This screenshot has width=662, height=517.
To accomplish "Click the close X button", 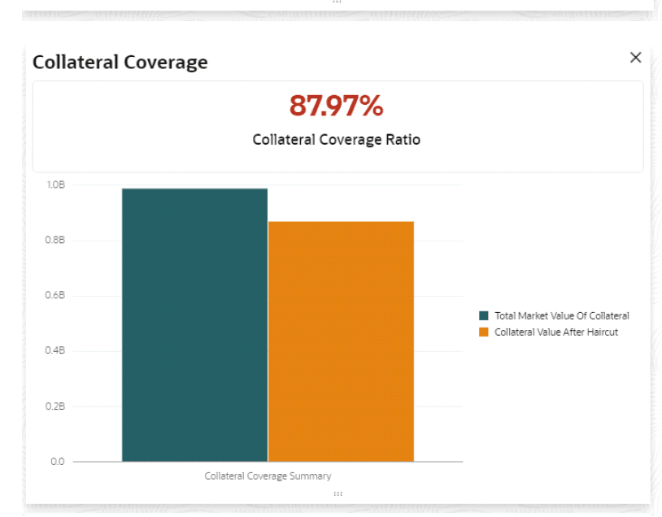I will [x=635, y=57].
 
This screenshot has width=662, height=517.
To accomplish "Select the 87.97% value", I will [x=336, y=106].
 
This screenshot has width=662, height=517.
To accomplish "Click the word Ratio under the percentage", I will [x=403, y=140].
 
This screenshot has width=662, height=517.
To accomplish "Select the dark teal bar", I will [x=194, y=325].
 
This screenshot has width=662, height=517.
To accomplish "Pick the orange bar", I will [x=341, y=341].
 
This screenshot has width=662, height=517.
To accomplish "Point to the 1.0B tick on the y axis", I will [x=55, y=185].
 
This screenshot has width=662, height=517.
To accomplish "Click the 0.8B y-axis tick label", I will [x=55, y=241].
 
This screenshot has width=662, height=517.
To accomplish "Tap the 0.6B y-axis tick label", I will [x=55, y=296].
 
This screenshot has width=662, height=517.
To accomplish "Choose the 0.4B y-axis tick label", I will [x=55, y=351].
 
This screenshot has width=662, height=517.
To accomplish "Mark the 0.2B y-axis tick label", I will [x=55, y=406].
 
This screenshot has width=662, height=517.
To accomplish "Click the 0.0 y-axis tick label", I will [x=57, y=462].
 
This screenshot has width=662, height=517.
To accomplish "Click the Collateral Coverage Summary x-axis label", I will [x=268, y=476].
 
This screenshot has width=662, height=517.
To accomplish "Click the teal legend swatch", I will [x=484, y=316].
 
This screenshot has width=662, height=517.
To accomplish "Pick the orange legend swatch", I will [x=484, y=332].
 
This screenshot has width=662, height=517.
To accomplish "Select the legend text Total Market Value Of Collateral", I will [x=561, y=316].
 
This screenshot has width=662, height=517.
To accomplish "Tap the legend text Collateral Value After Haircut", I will [x=556, y=332].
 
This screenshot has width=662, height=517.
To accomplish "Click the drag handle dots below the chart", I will [x=338, y=493].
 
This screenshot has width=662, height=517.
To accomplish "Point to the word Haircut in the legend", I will [x=602, y=332].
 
